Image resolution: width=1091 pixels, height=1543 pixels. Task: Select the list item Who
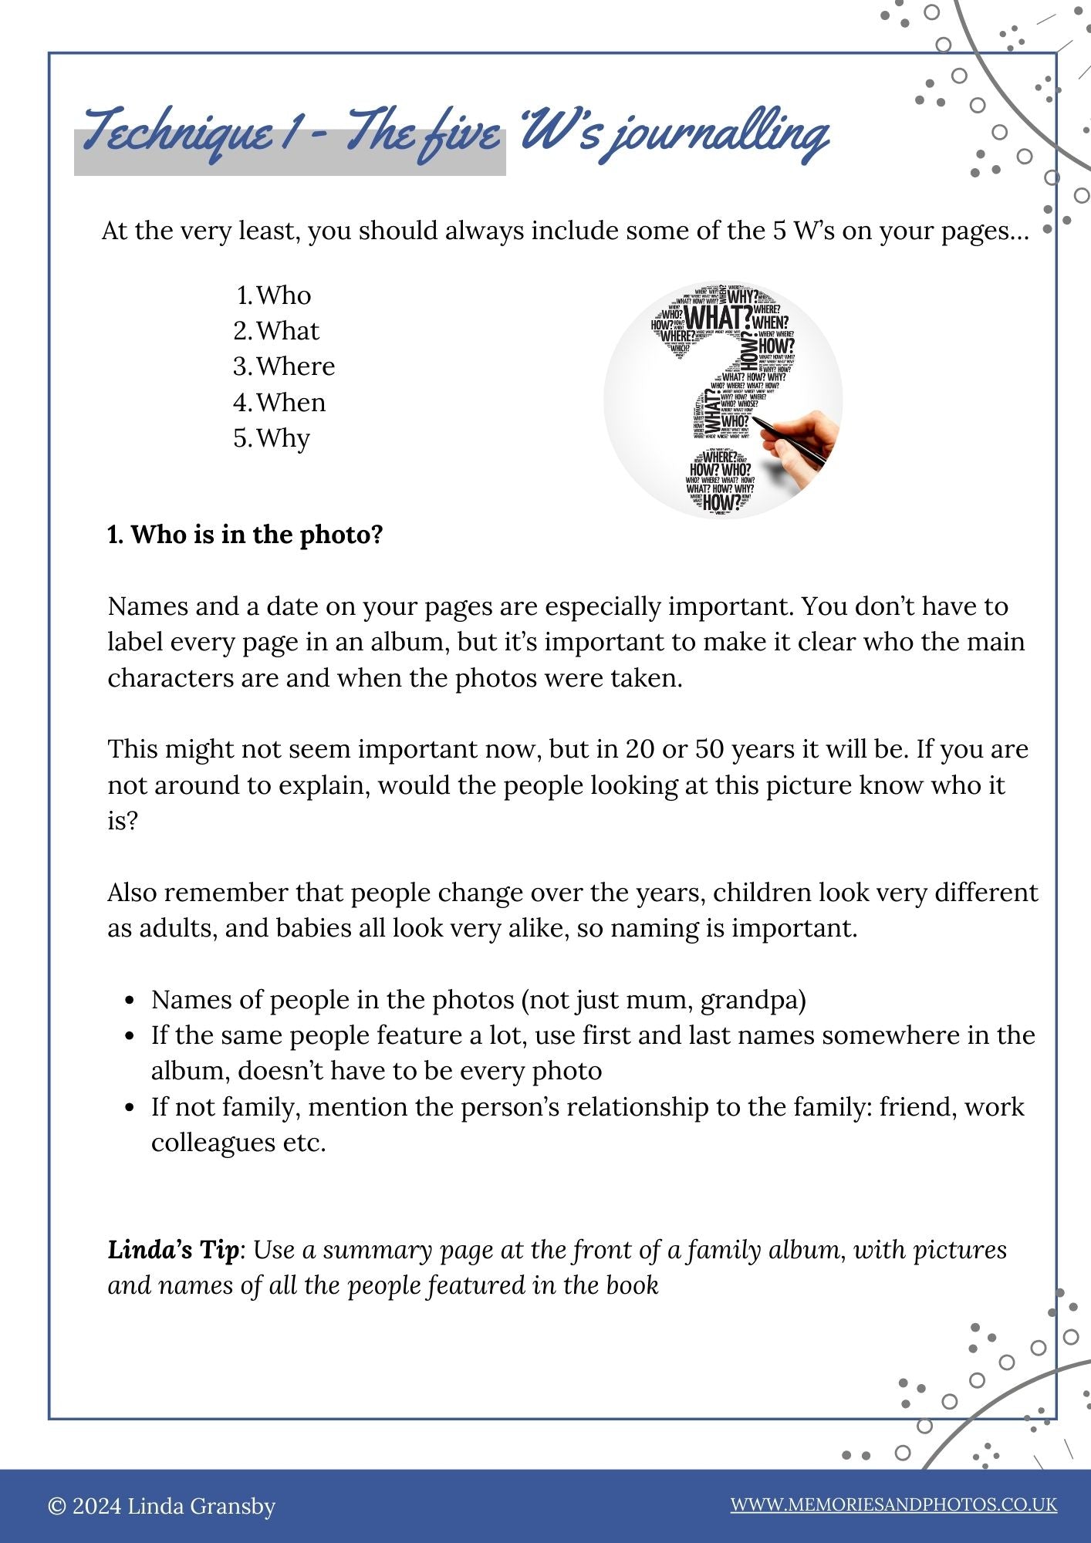283,295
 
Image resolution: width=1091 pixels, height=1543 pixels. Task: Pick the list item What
287,331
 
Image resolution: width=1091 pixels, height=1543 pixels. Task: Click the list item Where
296,366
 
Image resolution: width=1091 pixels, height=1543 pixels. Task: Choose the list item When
291,403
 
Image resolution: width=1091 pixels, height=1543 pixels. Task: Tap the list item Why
283,438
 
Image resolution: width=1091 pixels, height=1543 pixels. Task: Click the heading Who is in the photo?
245,535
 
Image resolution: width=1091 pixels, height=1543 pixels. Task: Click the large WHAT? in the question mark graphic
718,317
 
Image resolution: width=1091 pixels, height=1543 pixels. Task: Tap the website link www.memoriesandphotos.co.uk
893,1504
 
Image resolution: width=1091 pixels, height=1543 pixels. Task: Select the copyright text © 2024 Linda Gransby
161,1506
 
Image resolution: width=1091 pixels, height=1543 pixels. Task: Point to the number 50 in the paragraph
710,749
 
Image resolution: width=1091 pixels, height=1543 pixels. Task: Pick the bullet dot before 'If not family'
130,1108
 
